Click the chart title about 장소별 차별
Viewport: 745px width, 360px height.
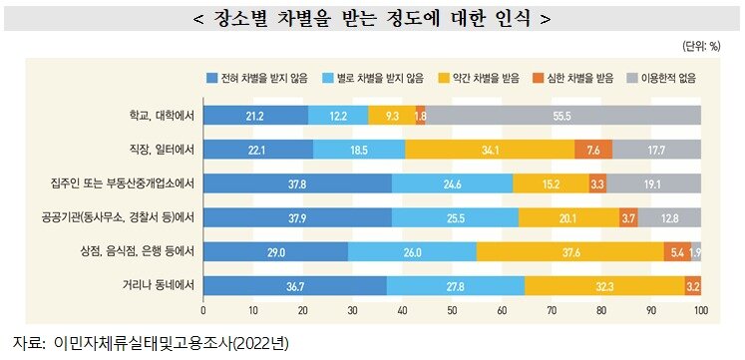pyautogui.click(x=371, y=19)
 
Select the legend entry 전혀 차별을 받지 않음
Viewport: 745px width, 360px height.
pyautogui.click(x=254, y=78)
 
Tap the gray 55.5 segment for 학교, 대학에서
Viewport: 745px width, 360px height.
pyautogui.click(x=562, y=116)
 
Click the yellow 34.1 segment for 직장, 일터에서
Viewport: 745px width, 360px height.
pyautogui.click(x=490, y=150)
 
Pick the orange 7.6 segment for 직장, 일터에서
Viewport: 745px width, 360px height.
pyautogui.click(x=593, y=150)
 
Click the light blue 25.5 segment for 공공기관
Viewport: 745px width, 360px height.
pyautogui.click(x=455, y=217)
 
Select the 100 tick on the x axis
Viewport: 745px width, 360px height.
pyautogui.click(x=700, y=310)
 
